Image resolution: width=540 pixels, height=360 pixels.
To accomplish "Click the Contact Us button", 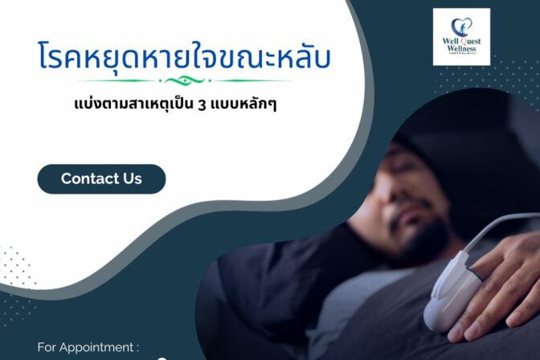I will [101, 178].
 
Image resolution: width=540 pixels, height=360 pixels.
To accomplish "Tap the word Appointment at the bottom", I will [100, 349].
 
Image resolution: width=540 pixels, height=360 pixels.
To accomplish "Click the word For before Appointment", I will [47, 349].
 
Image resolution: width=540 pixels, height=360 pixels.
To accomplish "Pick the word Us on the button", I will [132, 178].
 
